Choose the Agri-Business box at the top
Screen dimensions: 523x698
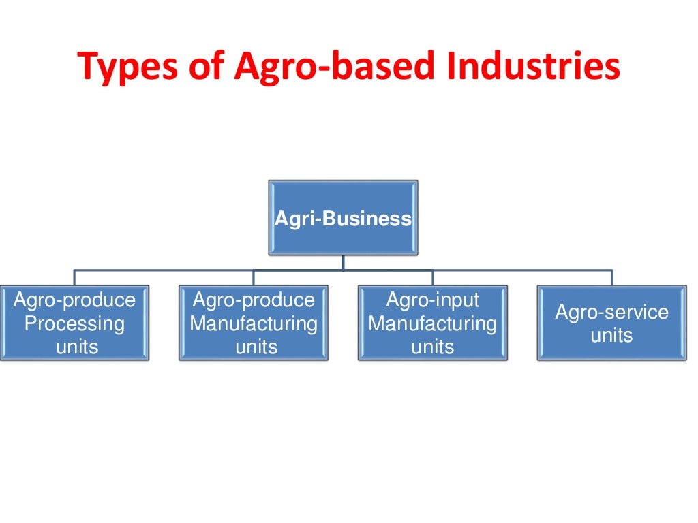343,218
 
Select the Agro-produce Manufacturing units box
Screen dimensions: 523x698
254,323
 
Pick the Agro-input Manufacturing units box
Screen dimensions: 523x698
433,323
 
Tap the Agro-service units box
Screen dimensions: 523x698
612,323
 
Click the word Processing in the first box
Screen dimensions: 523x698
74,323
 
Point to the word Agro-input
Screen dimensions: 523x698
433,300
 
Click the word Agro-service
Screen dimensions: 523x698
612,312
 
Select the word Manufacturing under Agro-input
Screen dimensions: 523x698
433,323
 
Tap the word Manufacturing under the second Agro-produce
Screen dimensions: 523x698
254,323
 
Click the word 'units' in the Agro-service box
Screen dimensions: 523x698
612,335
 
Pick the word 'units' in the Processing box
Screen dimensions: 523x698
77,347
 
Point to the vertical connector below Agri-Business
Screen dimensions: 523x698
343,262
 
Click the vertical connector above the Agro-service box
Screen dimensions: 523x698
611,277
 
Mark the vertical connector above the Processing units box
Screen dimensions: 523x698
74,277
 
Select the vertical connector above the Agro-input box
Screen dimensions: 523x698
433,277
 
